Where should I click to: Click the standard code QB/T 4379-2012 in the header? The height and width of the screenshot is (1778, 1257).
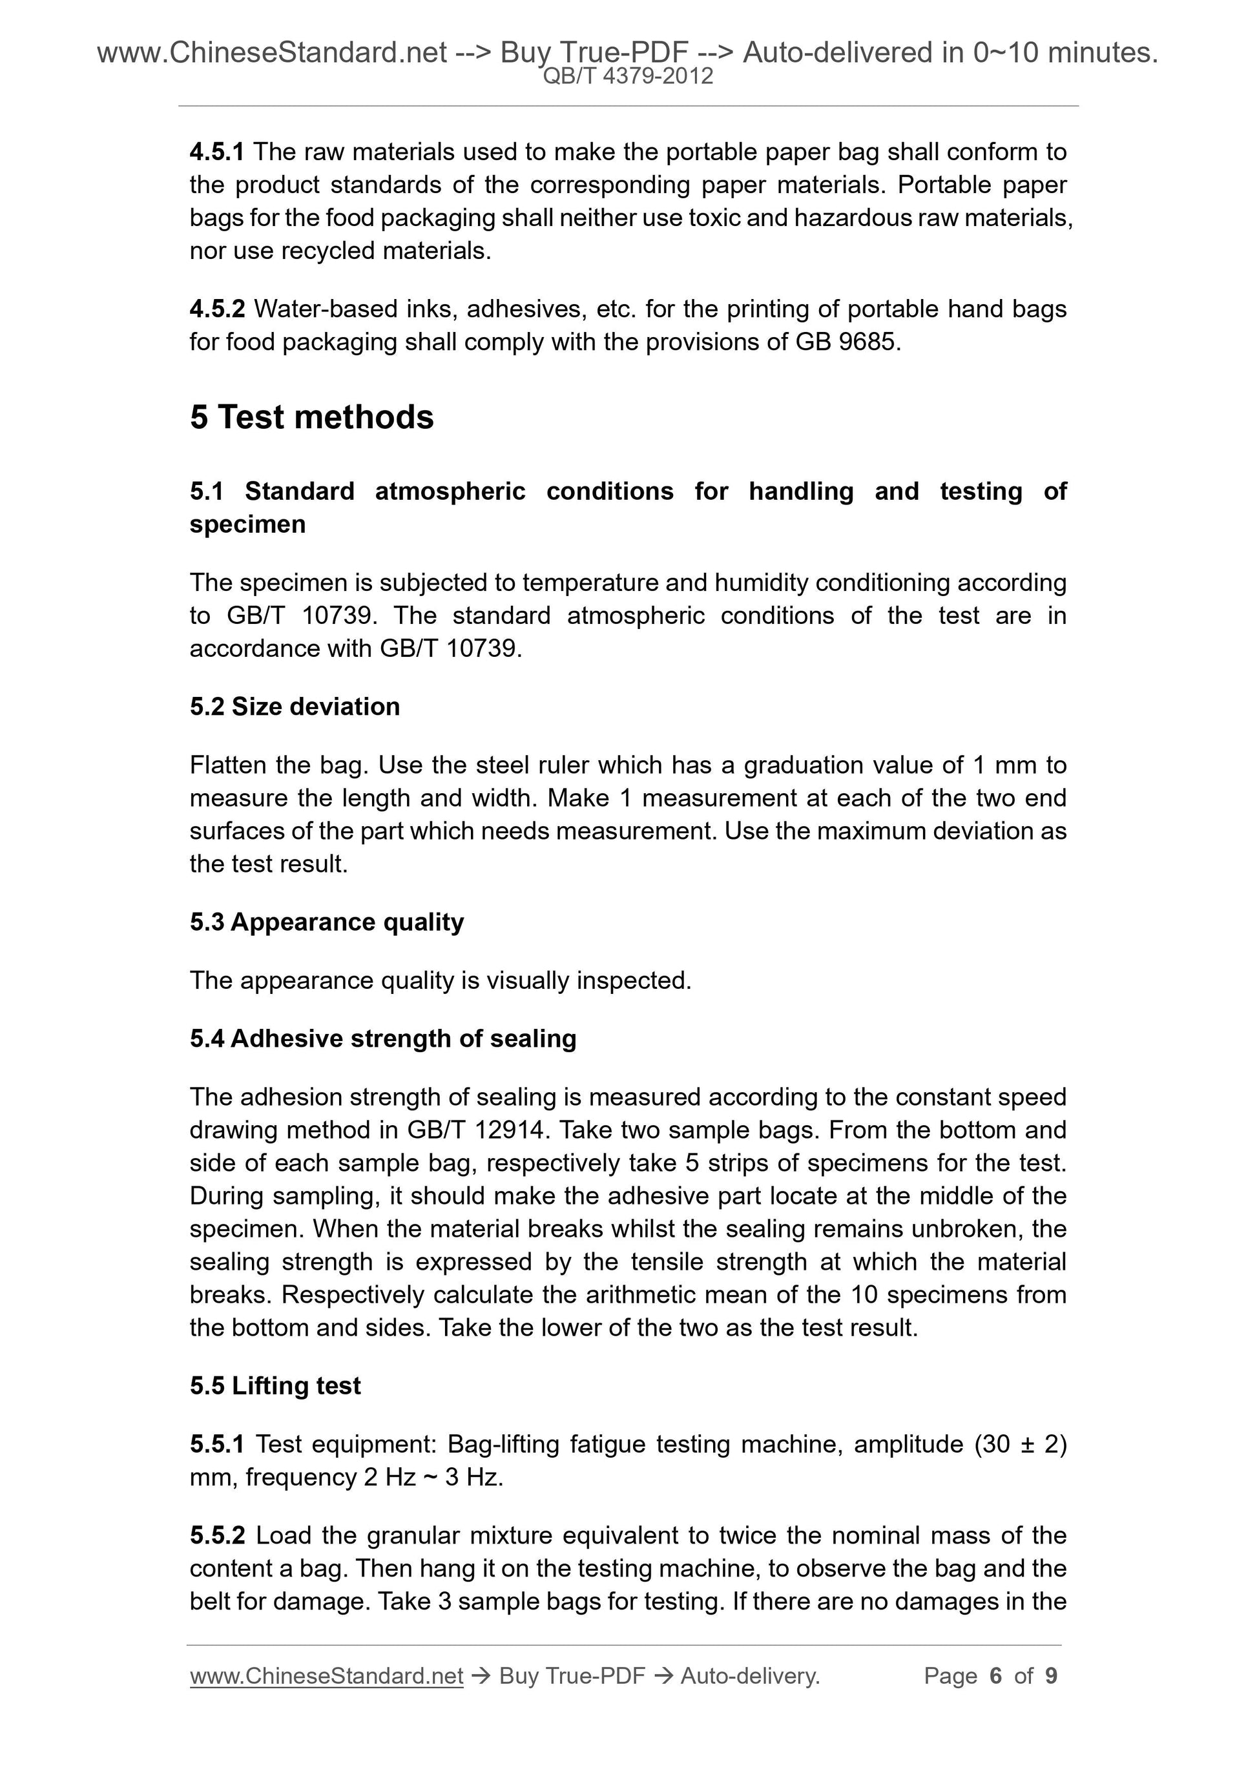[x=628, y=76]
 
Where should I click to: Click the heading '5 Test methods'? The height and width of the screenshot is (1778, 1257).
[x=311, y=417]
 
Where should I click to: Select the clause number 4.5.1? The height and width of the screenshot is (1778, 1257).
[x=217, y=152]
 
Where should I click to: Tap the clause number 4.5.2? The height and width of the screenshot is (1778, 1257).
[x=217, y=309]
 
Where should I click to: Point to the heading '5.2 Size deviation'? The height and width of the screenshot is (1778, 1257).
[x=295, y=707]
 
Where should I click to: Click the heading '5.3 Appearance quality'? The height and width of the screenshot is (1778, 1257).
[x=326, y=922]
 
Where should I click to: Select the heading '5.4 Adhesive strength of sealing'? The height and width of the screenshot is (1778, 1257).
[x=382, y=1038]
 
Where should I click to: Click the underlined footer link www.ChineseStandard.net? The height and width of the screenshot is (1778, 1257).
[x=326, y=1676]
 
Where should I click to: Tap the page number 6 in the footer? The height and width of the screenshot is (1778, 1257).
[x=995, y=1676]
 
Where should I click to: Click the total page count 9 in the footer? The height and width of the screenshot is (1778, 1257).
[x=1051, y=1676]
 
